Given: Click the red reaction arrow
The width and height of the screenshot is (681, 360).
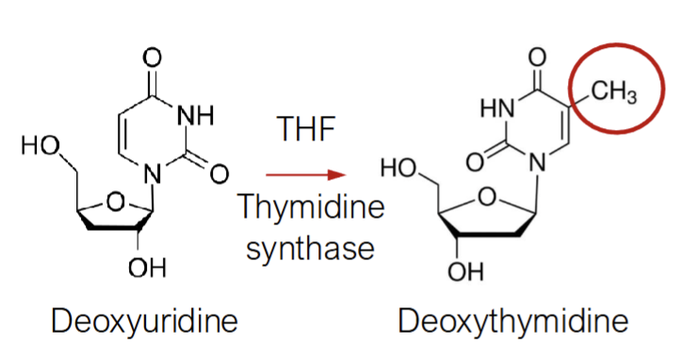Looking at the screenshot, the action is point(300,175).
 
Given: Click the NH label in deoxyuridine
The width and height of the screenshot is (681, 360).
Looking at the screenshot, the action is point(196,117).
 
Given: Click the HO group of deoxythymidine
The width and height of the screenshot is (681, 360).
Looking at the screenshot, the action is point(399,172).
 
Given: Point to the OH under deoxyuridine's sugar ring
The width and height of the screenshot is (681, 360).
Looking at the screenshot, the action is point(147,269).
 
